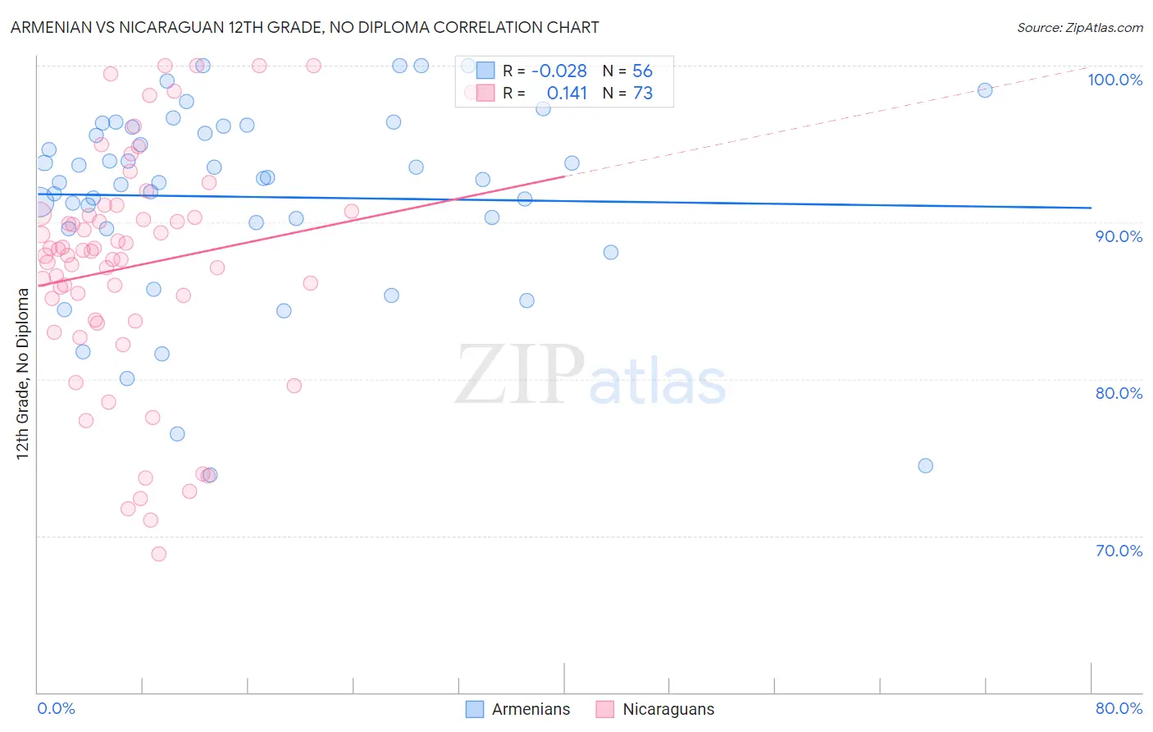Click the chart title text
pyautogui.click(x=304, y=27)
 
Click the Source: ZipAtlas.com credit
pyautogui.click(x=1079, y=28)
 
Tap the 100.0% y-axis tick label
pyautogui.click(x=1114, y=80)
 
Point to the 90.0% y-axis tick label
pyautogui.click(x=1119, y=236)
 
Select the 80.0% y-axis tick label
pyautogui.click(x=1119, y=393)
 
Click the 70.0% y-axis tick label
pyautogui.click(x=1119, y=551)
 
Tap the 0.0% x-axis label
pyautogui.click(x=56, y=708)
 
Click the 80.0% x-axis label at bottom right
pyautogui.click(x=1119, y=708)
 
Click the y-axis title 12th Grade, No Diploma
pyautogui.click(x=23, y=373)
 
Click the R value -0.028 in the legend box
pyautogui.click(x=559, y=71)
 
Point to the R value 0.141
pyautogui.click(x=567, y=94)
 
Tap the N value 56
pyautogui.click(x=642, y=71)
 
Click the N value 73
pyautogui.click(x=642, y=94)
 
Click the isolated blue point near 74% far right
pyautogui.click(x=925, y=465)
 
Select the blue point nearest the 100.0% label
pyautogui.click(x=985, y=90)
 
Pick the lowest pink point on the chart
pyautogui.click(x=159, y=554)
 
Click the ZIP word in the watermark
pyautogui.click(x=520, y=374)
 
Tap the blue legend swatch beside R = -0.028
pyautogui.click(x=485, y=71)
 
